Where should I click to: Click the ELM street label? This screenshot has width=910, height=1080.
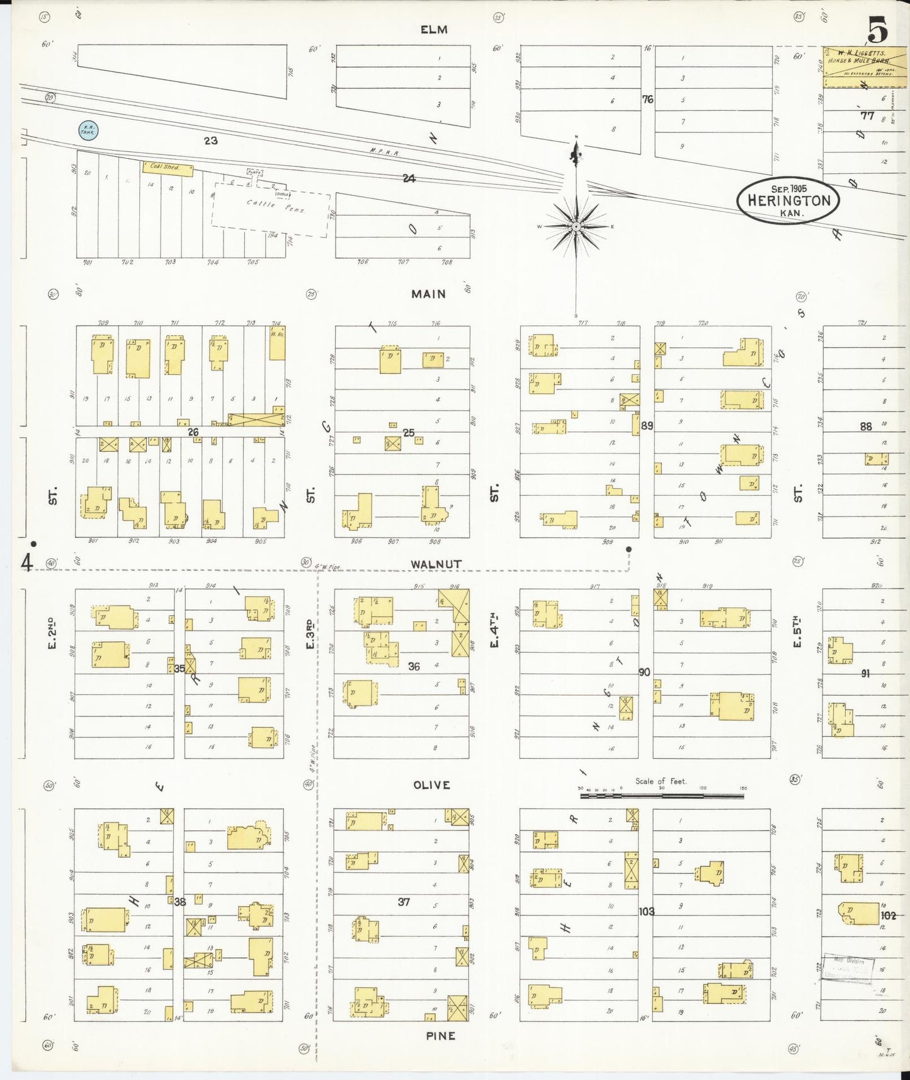434,30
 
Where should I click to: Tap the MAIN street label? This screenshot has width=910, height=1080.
428,294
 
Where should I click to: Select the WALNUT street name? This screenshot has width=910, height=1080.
436,564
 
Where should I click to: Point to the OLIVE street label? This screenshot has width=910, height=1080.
431,785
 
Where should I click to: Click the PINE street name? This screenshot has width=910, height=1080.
440,1035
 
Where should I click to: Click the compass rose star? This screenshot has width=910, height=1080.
576,226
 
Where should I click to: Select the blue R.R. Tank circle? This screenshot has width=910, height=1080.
88,130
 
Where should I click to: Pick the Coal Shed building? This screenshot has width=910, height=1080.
168,168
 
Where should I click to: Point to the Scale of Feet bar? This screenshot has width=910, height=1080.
661,796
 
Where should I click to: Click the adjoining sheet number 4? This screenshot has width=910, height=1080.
27,561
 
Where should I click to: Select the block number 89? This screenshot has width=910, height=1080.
647,426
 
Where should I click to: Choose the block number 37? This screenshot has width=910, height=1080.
404,902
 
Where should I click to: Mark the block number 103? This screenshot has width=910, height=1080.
646,911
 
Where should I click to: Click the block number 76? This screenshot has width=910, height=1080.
647,100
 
